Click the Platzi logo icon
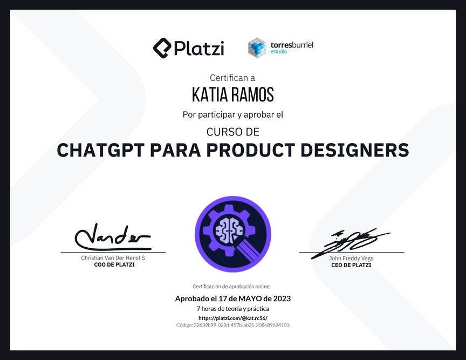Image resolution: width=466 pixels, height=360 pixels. (162, 48)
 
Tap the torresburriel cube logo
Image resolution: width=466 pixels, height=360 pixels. (257, 47)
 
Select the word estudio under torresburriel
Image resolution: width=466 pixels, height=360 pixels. (278, 51)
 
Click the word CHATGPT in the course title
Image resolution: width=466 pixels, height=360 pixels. (101, 150)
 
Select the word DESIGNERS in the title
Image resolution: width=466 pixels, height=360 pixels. (355, 150)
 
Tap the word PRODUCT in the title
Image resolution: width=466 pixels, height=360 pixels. (251, 150)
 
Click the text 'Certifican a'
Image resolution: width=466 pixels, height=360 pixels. (232, 78)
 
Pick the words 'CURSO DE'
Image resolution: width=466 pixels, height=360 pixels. (233, 132)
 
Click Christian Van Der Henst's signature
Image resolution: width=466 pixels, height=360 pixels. (113, 237)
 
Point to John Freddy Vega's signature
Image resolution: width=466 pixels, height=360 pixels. (351, 243)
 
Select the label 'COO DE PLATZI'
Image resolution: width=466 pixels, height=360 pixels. (114, 264)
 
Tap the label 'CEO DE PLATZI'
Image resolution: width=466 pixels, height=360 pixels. (351, 265)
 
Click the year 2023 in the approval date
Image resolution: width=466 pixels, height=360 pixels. (282, 298)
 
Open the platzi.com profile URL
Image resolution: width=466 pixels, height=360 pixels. (233, 318)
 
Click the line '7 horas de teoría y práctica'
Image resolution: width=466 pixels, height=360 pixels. (233, 309)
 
